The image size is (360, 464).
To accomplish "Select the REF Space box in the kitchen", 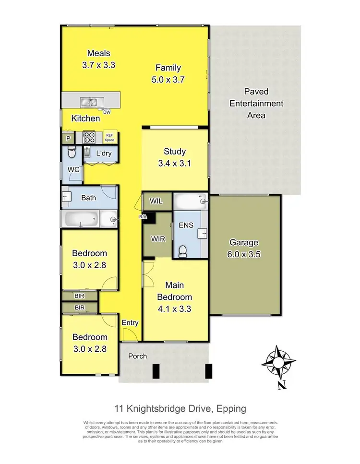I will pyautogui.click(x=109, y=137).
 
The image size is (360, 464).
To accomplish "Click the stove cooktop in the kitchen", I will pyautogui.click(x=90, y=137).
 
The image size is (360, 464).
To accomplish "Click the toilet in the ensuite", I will pyautogui.click(x=182, y=251).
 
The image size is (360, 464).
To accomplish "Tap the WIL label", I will pyautogui.click(x=156, y=202).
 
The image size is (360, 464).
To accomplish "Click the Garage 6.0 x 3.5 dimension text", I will pyautogui.click(x=244, y=255).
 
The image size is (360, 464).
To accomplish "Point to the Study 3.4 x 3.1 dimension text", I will pyautogui.click(x=175, y=163).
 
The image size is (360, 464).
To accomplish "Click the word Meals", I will pyautogui.click(x=98, y=53).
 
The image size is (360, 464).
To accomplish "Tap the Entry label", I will pyautogui.click(x=130, y=323).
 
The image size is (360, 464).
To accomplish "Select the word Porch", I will pyautogui.click(x=137, y=356).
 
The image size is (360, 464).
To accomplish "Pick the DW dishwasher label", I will pyautogui.click(x=107, y=112).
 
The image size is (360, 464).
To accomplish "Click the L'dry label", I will pyautogui.click(x=104, y=154).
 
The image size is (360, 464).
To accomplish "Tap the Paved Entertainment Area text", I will pyautogui.click(x=256, y=103).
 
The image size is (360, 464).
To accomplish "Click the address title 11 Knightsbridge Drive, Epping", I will pyautogui.click(x=180, y=409).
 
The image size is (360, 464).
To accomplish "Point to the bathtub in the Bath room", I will pyautogui.click(x=82, y=219).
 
